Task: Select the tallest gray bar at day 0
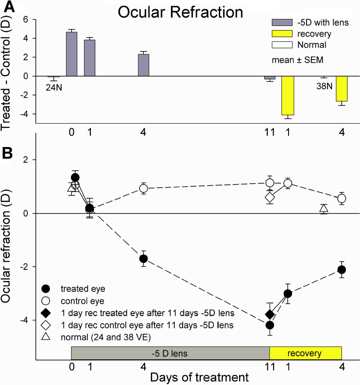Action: [x=71, y=54]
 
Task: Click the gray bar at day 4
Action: [x=143, y=65]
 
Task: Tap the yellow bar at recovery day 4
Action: [x=341, y=88]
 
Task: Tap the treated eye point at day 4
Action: [x=143, y=258]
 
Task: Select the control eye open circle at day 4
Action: [x=143, y=189]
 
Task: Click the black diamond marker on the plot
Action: [x=270, y=314]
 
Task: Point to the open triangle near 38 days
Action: [x=324, y=208]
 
